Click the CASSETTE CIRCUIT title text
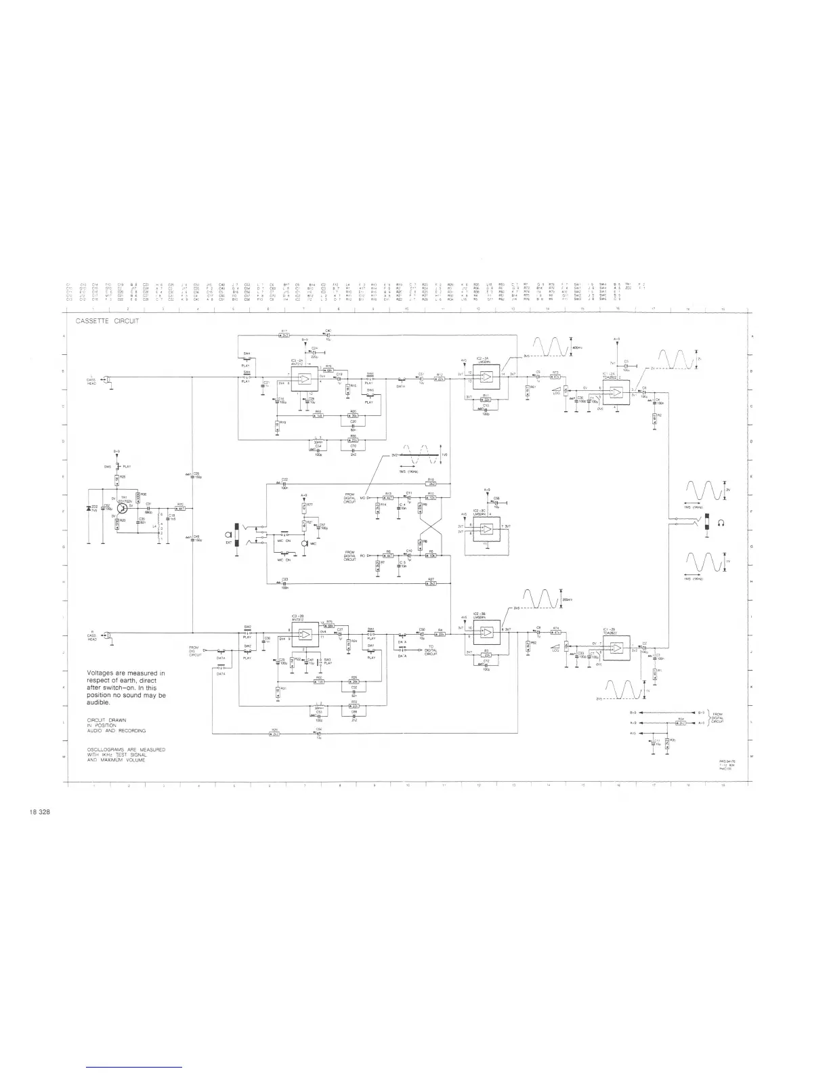[x=107, y=321]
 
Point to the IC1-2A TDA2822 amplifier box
[x=616, y=392]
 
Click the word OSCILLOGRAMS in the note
[x=108, y=749]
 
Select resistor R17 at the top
[x=285, y=335]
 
